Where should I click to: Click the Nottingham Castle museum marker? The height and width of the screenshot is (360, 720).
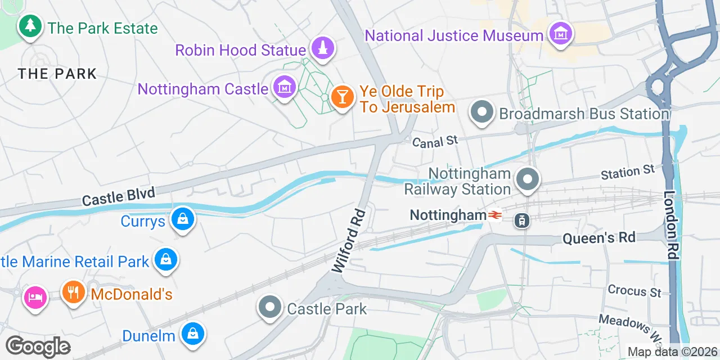(x=285, y=87)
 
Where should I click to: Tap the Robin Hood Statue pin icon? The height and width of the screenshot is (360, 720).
(x=322, y=48)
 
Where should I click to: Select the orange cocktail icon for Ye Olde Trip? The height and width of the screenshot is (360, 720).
(x=341, y=97)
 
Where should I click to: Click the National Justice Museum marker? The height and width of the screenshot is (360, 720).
(x=560, y=34)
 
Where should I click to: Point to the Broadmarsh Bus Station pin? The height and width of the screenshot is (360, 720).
(x=482, y=112)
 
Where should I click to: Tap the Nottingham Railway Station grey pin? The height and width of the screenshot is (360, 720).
(x=528, y=180)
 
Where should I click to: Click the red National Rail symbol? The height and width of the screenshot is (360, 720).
(x=495, y=215)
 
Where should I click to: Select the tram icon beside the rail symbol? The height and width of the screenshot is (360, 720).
(x=521, y=220)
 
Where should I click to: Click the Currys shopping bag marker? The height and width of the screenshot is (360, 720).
(x=183, y=219)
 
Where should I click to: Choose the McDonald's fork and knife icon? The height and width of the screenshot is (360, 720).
(x=73, y=292)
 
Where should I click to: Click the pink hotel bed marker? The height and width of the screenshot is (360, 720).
(x=35, y=296)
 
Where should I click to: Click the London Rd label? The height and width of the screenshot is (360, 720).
(x=670, y=225)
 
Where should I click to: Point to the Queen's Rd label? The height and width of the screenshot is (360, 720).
(x=599, y=238)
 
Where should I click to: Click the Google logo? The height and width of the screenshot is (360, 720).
(x=38, y=346)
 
